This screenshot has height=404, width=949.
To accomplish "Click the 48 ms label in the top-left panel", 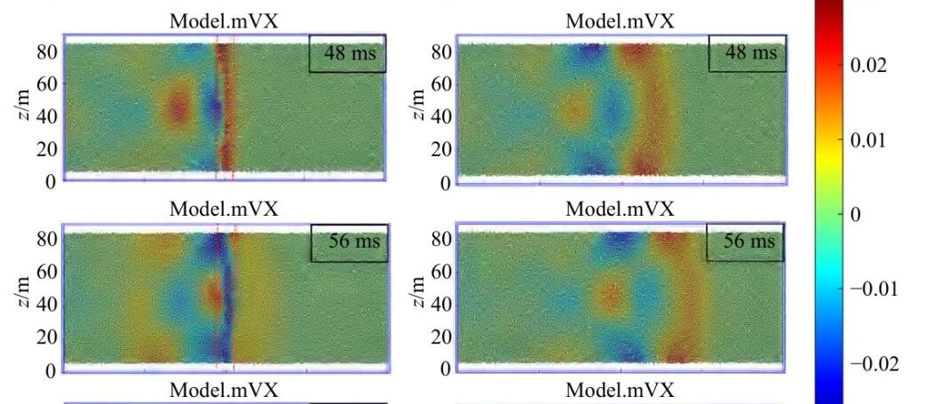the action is [x=350, y=53].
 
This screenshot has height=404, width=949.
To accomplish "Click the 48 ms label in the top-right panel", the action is [x=751, y=52].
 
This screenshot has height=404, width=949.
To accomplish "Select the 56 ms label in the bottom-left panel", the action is [x=354, y=242].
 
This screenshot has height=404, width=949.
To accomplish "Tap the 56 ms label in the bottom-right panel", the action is [x=749, y=241].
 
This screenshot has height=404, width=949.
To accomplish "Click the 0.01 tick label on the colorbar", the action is [x=868, y=140].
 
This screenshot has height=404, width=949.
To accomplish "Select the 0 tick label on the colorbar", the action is [x=855, y=215].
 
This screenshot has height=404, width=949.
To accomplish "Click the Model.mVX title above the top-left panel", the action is [x=224, y=21].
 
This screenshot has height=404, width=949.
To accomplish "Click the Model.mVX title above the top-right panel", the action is [x=620, y=21].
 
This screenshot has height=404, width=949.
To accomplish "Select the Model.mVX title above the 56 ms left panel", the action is [x=224, y=209].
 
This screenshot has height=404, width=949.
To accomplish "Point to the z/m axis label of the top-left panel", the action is [x=24, y=105].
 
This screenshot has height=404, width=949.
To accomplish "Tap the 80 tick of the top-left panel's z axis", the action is [x=46, y=51].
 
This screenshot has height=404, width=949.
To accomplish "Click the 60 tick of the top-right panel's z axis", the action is [x=442, y=83].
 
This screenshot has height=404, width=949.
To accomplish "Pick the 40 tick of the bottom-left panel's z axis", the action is [x=46, y=304].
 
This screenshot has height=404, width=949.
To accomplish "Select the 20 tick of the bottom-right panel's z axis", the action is [x=442, y=337].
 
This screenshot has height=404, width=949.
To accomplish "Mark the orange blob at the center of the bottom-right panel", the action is [x=610, y=297].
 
